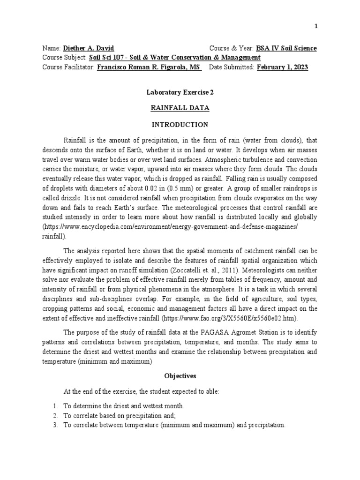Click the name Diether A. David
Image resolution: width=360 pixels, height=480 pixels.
click(x=89, y=48)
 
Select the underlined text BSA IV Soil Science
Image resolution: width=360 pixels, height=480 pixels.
click(x=286, y=48)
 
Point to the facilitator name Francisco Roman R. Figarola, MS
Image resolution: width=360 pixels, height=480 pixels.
click(x=149, y=67)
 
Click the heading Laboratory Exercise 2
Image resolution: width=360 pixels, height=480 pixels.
click(x=180, y=93)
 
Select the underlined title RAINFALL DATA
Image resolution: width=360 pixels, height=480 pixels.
click(x=180, y=108)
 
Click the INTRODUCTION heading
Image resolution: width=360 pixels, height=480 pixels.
click(x=180, y=125)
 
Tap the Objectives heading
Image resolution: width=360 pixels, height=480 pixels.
click(x=180, y=376)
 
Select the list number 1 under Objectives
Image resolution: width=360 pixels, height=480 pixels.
click(x=55, y=406)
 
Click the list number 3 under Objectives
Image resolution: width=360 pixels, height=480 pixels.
click(x=55, y=425)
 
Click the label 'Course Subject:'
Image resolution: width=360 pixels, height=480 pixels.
click(x=64, y=58)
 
